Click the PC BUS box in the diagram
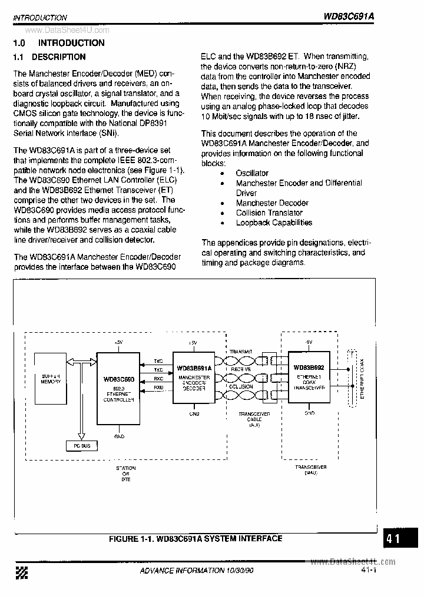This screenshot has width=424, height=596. pyautogui.click(x=82, y=446)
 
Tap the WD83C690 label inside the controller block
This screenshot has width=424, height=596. pyautogui.click(x=118, y=379)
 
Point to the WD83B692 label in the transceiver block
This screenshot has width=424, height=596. pyautogui.click(x=309, y=367)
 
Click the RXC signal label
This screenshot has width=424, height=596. pyautogui.click(x=159, y=378)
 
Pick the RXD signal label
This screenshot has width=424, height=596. pyautogui.click(x=159, y=388)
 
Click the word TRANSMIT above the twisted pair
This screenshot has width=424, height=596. pyautogui.click(x=241, y=351)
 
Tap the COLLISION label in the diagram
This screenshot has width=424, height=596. pyautogui.click(x=241, y=387)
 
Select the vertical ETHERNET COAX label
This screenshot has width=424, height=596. pyautogui.click(x=363, y=379)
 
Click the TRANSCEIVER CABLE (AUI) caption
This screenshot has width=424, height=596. pyautogui.click(x=254, y=419)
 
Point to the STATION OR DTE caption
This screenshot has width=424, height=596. pyautogui.click(x=125, y=474)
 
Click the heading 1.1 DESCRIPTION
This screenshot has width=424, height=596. pyautogui.click(x=49, y=57)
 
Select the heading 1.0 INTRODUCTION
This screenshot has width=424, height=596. pyautogui.click(x=59, y=43)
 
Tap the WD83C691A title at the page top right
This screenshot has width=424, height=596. pyautogui.click(x=349, y=17)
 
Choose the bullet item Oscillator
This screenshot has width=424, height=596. pyautogui.click(x=252, y=173)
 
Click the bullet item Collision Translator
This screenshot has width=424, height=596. pyautogui.click(x=269, y=213)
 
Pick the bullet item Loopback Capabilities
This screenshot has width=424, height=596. pyautogui.click(x=274, y=223)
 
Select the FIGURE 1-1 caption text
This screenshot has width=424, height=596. pyautogui.click(x=196, y=538)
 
